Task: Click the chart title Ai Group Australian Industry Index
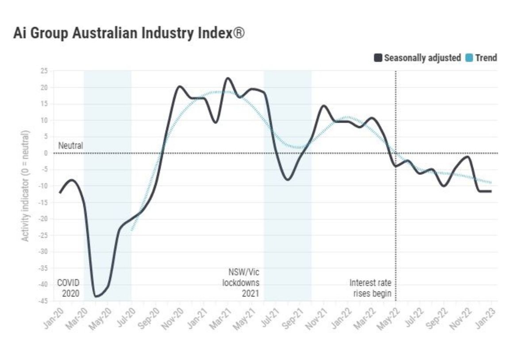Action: pos(128,34)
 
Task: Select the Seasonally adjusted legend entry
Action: pos(418,58)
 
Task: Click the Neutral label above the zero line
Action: pos(70,146)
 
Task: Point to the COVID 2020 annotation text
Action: pos(68,288)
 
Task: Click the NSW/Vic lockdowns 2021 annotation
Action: pos(241,283)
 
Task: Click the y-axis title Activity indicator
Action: pos(26,186)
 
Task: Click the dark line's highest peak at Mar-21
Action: pos(228,78)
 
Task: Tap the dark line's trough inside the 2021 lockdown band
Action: pos(288,179)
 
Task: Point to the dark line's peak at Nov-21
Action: pos(324,106)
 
